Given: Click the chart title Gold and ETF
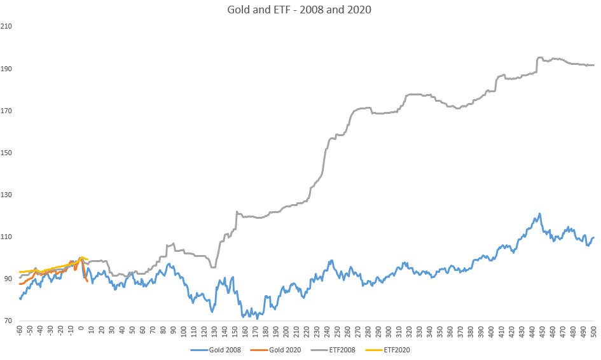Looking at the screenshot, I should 300,10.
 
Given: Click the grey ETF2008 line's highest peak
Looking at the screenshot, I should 540,57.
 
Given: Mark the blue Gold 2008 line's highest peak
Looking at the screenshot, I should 539,214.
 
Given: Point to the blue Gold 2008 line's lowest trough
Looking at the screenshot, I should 257,317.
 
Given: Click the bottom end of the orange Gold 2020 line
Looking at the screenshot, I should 87,281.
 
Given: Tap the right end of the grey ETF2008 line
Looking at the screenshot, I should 593,65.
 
